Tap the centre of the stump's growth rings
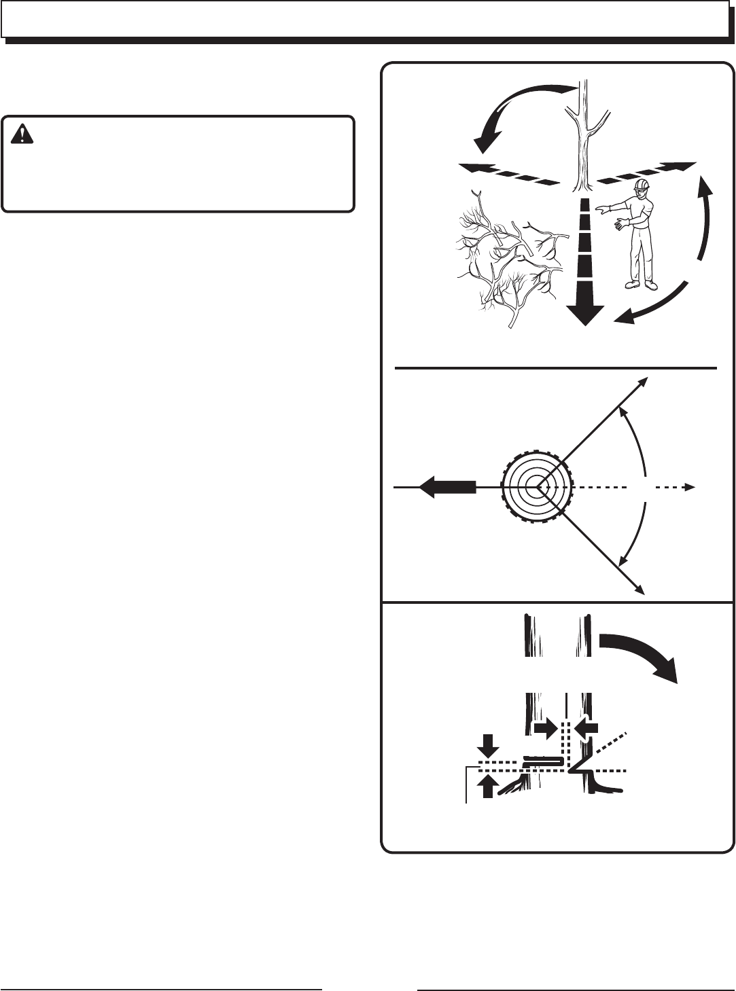(538, 487)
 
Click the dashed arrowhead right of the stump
(688, 487)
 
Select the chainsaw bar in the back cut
(543, 761)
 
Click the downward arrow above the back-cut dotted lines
(488, 748)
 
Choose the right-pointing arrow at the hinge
(544, 729)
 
